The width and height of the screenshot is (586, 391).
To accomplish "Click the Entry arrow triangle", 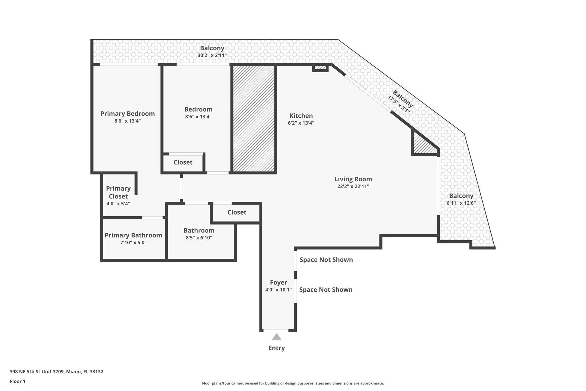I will [x=276, y=337].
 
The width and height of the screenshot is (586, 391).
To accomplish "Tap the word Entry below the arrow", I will [x=276, y=348].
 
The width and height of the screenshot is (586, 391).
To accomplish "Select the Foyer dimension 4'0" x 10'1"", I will [x=278, y=290].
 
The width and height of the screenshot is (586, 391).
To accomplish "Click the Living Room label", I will [x=353, y=179].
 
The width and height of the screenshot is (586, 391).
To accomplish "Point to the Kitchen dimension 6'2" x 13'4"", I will [x=301, y=123].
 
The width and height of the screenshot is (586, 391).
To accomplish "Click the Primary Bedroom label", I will [x=127, y=113].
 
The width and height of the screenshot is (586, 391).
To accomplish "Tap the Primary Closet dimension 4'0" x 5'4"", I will [x=118, y=204].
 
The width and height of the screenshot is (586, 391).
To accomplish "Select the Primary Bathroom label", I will [x=133, y=235].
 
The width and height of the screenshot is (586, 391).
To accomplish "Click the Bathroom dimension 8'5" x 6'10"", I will [x=199, y=237].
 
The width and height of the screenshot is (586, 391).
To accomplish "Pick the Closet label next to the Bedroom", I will [x=183, y=162].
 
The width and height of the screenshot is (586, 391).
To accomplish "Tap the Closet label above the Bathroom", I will [x=237, y=212].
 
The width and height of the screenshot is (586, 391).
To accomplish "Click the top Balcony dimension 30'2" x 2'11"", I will [x=212, y=55].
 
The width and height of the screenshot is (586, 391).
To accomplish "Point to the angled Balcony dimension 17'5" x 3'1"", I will [x=399, y=104].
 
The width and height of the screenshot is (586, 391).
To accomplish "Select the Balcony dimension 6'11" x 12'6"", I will [x=461, y=203].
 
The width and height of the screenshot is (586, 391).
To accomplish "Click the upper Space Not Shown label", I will [x=326, y=260].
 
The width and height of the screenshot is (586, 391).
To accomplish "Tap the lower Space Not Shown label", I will [x=326, y=290].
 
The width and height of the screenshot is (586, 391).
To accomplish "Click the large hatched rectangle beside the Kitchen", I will [x=254, y=119].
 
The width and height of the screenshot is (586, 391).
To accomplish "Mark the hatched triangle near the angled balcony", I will [x=422, y=145].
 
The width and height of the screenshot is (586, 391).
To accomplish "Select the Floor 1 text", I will [x=17, y=381].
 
